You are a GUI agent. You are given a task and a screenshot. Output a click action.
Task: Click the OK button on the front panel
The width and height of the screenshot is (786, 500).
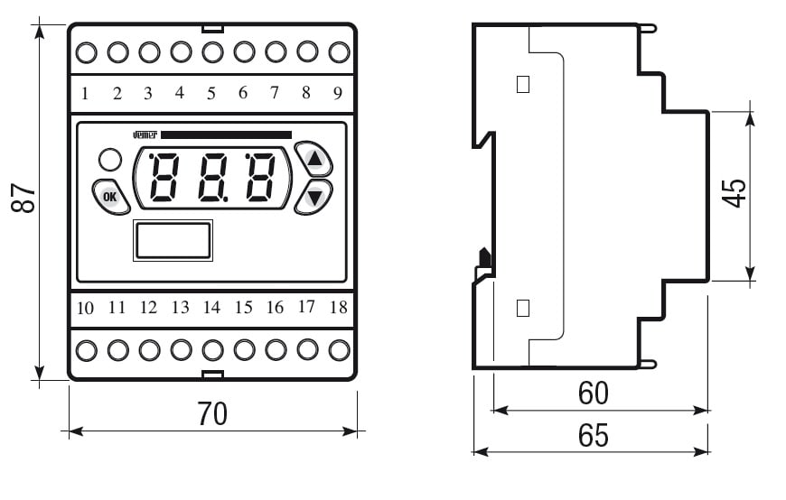[110, 196]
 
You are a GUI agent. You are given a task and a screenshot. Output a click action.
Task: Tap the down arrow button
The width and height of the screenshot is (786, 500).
[314, 196]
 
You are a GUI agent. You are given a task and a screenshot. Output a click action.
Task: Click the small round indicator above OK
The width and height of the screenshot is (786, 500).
[109, 160]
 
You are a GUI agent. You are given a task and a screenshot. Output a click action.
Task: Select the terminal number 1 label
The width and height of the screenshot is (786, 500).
[85, 93]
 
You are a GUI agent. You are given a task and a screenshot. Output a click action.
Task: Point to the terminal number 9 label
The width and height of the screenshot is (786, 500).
[337, 92]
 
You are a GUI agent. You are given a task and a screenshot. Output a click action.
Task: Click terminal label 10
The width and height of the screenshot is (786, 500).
[85, 308]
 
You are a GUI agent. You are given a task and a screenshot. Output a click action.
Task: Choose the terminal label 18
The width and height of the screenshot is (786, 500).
[338, 307]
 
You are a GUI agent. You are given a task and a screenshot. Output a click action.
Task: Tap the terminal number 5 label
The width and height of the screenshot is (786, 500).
[211, 92]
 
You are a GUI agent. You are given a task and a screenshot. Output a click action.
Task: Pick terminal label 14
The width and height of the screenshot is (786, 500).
[211, 308]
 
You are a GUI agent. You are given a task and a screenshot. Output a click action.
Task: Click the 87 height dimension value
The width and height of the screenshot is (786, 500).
[26, 199]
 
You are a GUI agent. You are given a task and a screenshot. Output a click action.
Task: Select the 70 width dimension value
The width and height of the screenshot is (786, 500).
[212, 414]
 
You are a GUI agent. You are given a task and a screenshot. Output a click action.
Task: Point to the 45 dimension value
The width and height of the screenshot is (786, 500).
[735, 193]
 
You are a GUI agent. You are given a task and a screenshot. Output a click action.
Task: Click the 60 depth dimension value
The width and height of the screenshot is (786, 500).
[593, 394]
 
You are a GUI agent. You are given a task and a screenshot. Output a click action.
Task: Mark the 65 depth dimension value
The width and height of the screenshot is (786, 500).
[593, 436]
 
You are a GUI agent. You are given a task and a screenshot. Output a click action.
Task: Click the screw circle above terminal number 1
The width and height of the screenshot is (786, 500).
[85, 52]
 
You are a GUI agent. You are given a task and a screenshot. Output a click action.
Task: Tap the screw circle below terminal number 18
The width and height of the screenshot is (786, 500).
[339, 348]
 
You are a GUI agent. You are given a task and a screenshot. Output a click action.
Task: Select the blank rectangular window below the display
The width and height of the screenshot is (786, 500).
[173, 241]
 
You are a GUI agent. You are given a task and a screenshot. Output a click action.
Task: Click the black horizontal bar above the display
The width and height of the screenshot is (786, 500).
[226, 134]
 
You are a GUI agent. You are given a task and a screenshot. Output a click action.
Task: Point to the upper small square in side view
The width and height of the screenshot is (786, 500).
[522, 85]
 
